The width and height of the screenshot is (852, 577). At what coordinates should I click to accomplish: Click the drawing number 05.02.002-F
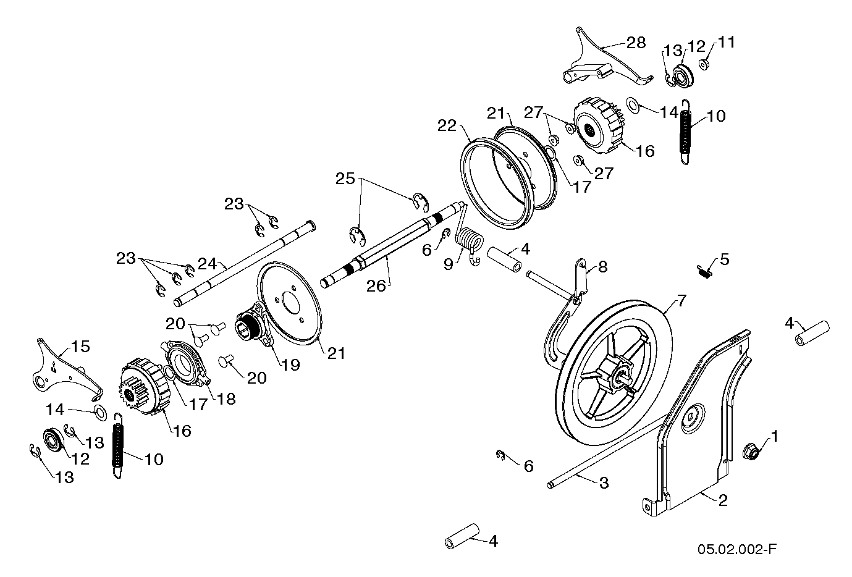(736, 549)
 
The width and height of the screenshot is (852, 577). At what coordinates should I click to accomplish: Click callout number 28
(636, 43)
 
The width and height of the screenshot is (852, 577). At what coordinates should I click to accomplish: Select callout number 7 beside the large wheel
(681, 301)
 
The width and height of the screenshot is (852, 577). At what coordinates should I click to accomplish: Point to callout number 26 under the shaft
(377, 285)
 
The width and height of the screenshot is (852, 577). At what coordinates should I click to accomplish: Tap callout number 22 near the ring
(447, 125)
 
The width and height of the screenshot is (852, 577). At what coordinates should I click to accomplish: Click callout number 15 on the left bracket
(81, 347)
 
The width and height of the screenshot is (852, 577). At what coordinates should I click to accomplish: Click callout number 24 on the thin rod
(208, 264)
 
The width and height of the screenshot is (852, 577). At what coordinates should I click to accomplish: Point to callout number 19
(290, 364)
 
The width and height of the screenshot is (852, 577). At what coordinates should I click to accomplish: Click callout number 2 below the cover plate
(722, 500)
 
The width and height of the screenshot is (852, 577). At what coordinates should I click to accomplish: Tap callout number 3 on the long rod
(604, 483)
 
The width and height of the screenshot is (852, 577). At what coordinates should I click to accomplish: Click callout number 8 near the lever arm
(602, 267)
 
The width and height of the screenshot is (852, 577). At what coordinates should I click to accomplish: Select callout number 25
(345, 179)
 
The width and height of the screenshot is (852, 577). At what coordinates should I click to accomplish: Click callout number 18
(226, 398)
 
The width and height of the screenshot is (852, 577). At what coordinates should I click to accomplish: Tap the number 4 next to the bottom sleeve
(492, 541)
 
